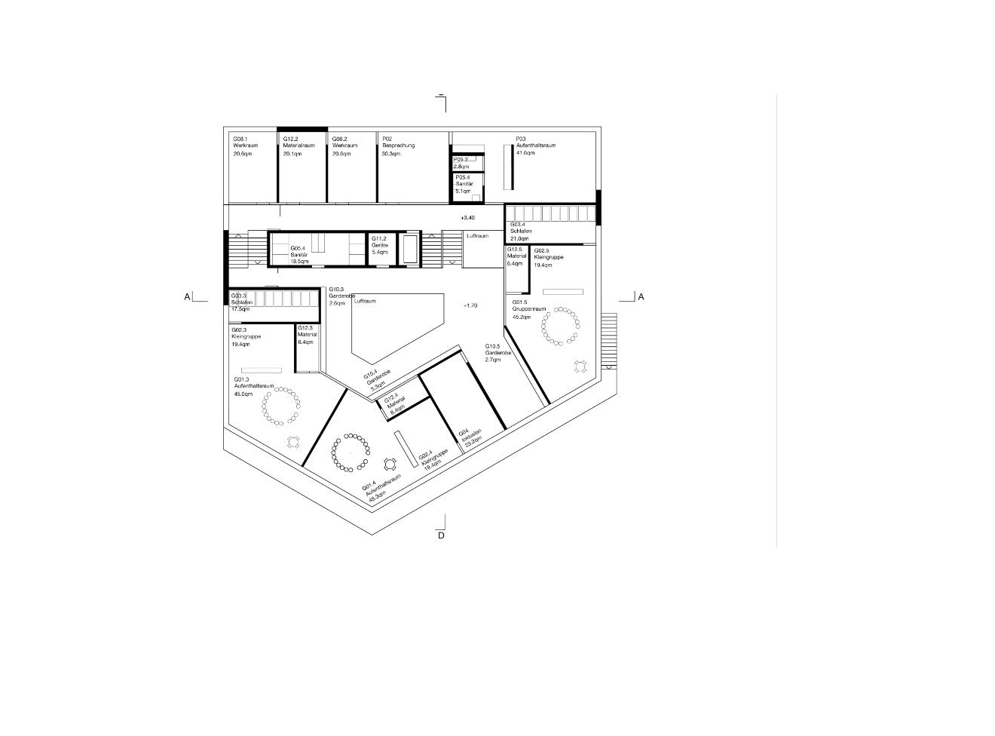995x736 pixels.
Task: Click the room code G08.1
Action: click(240, 140)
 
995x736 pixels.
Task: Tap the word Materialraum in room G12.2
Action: click(298, 146)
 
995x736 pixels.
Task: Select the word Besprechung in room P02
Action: click(398, 146)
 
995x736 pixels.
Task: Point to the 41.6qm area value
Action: click(525, 153)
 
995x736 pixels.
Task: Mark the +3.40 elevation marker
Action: click(467, 218)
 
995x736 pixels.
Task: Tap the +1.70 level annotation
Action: click(470, 305)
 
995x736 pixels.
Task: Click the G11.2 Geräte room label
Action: click(378, 239)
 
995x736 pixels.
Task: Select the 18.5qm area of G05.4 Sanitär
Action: click(299, 261)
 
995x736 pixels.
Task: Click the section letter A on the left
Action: click(187, 297)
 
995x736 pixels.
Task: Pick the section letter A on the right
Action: click(641, 297)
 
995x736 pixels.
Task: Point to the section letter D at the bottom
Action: click(441, 535)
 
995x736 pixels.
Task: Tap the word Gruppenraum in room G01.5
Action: click(529, 309)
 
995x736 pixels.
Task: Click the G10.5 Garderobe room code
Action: click(492, 346)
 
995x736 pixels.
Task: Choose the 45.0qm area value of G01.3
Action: click(243, 394)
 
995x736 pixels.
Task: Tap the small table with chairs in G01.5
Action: click(580, 366)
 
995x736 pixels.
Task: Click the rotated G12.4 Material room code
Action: click(390, 399)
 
